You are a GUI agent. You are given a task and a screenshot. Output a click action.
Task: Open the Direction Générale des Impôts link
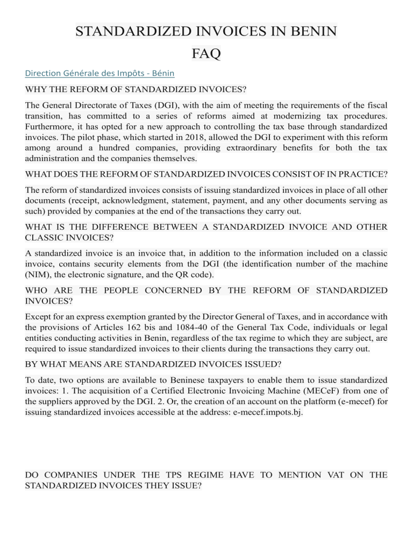pos(100,73)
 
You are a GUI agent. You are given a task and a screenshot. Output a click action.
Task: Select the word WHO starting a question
pos(38,291)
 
